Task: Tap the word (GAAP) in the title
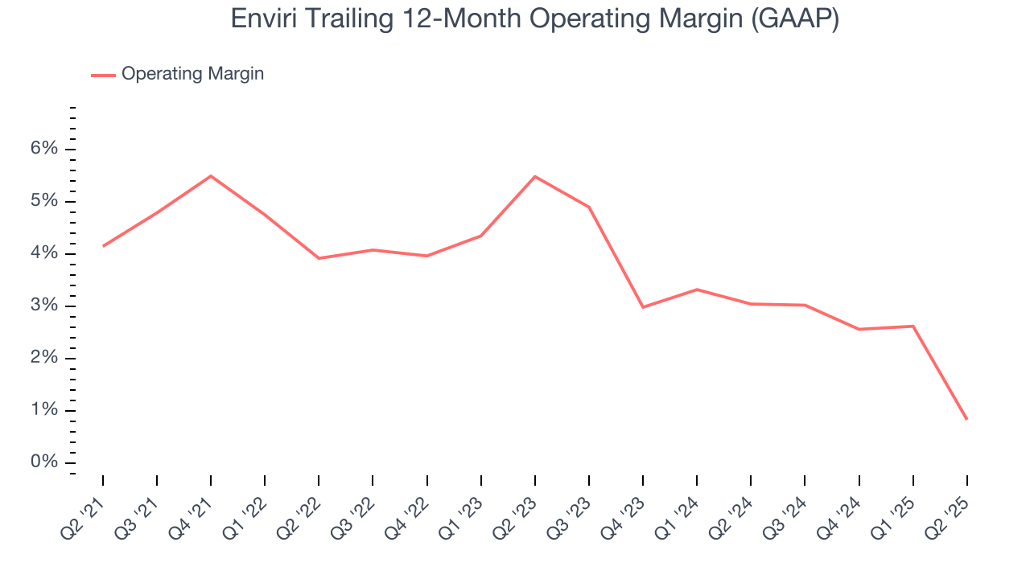coord(794,18)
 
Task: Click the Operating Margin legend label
coord(192,74)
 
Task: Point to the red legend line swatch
coord(103,75)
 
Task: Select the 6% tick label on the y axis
coord(45,149)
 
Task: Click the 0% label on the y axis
coord(45,462)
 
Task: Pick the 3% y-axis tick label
coord(45,306)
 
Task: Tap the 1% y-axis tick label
coord(45,410)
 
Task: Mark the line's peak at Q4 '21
coord(211,175)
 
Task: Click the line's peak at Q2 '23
coord(535,176)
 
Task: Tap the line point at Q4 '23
coord(643,307)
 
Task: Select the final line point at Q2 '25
coord(966,419)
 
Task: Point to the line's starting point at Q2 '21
coord(103,246)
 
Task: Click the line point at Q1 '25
coord(913,326)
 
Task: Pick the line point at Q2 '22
coord(319,258)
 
